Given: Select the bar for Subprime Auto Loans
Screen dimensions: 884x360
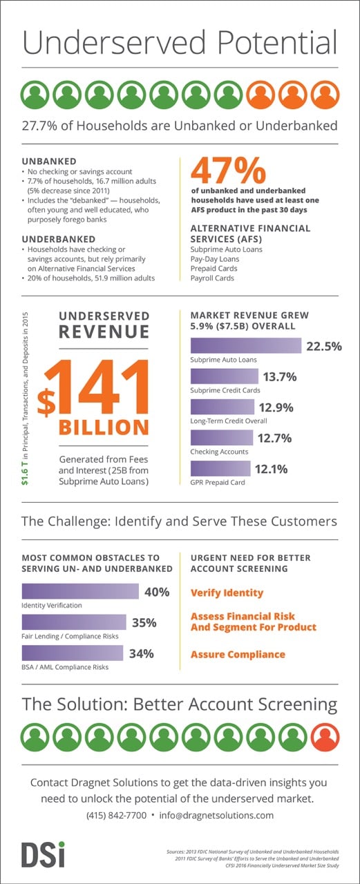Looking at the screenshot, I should tap(245, 346).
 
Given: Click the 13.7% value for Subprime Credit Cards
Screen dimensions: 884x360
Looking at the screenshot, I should tap(279, 376).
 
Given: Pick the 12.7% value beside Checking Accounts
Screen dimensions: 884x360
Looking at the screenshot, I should tap(275, 439).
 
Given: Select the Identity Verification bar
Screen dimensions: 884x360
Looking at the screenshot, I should tap(80, 592).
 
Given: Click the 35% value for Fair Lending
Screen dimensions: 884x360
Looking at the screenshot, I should tap(144, 623).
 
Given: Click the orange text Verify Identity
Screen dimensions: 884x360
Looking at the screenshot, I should tap(227, 593).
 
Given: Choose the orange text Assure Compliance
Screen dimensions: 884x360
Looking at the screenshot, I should tap(237, 654).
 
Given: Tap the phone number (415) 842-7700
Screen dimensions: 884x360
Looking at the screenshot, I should tap(117, 815).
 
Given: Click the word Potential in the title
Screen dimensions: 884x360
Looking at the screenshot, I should tap(266, 43).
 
